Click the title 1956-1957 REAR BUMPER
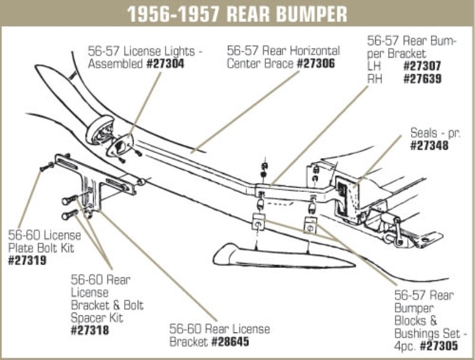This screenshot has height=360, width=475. click(237, 13)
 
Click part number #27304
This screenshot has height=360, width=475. click(165, 63)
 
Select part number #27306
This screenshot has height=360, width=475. click(315, 63)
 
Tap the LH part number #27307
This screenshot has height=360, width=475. click(422, 67)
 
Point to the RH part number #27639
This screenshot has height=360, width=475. click(422, 78)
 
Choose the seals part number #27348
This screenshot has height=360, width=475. click(429, 144)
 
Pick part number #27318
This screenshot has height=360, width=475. click(90, 330)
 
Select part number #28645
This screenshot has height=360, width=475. click(229, 342)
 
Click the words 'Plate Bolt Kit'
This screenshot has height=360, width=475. click(42, 248)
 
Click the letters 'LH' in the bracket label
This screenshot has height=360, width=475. click(374, 67)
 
